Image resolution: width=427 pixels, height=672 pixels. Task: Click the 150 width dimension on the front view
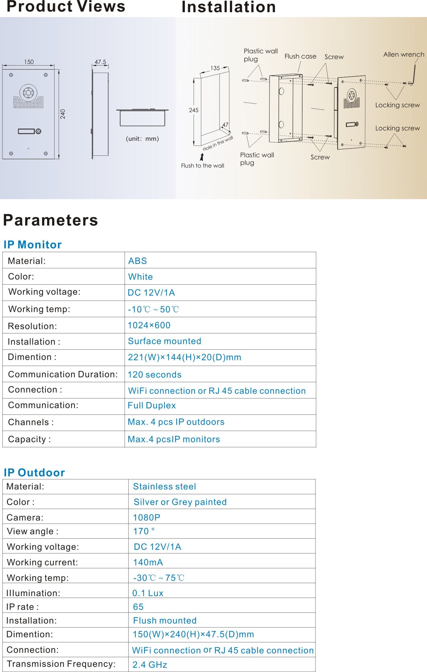point(29,62)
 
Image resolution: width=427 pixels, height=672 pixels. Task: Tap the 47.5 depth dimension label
point(100,62)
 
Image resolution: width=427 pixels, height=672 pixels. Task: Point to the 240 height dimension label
point(63,114)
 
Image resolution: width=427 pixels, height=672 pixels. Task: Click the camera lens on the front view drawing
point(28,92)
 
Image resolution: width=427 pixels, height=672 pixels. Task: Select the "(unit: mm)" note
point(142,139)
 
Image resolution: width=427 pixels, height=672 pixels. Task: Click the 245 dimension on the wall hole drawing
point(194,110)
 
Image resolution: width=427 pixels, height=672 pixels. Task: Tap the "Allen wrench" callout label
point(404,55)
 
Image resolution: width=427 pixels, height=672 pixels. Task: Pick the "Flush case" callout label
point(300,56)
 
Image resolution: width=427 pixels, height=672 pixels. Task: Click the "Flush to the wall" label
point(203,165)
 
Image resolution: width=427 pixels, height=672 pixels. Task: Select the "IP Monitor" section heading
point(33,245)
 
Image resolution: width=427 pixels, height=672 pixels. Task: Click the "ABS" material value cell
point(138,261)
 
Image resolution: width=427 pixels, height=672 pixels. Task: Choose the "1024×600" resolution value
point(149,325)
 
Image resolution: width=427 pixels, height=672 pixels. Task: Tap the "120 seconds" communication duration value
point(155,375)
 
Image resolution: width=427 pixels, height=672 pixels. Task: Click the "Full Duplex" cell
point(152,406)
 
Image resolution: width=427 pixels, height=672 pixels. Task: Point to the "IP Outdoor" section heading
point(34,472)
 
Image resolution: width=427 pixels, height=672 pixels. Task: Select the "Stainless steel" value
point(164,486)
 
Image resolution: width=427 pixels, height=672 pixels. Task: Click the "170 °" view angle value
point(144,531)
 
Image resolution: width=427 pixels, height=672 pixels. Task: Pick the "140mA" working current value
point(148,562)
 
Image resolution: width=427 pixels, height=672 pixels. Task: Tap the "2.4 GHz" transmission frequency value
point(150,665)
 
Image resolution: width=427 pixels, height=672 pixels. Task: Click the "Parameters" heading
point(51,220)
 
